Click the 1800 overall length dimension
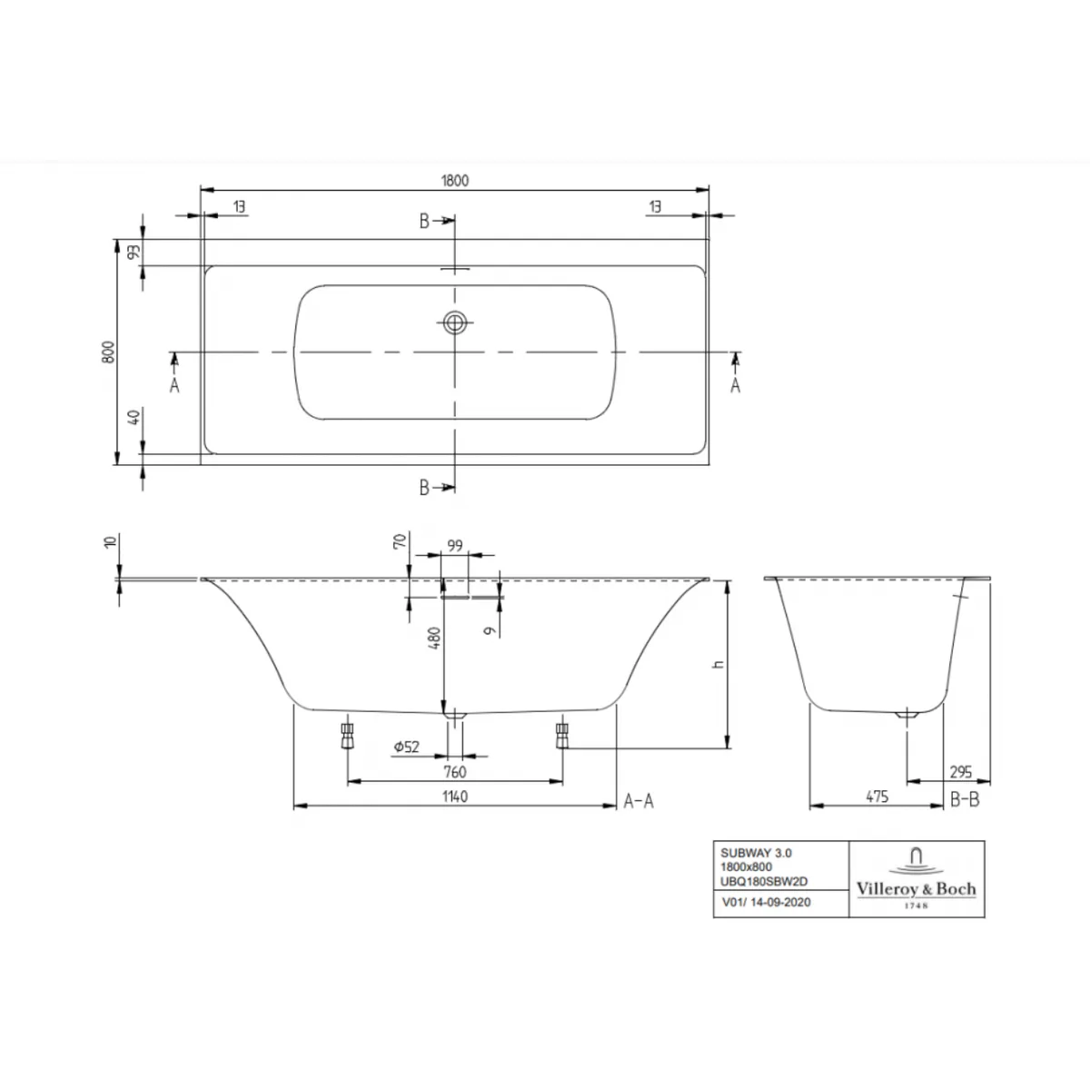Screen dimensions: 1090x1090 pos(455,181)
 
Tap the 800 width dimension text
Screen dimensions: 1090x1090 pos(109,352)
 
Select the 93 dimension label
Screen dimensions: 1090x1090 pos(134,251)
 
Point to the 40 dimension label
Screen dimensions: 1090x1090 pos(134,418)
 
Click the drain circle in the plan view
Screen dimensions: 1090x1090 pos(454,322)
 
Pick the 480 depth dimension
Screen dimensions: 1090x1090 pos(434,638)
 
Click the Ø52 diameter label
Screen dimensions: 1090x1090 pos(407,748)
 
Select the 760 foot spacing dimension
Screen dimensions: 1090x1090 pos(455,771)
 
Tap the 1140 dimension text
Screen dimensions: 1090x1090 pos(455,797)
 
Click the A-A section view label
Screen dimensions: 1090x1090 pos(639,801)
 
